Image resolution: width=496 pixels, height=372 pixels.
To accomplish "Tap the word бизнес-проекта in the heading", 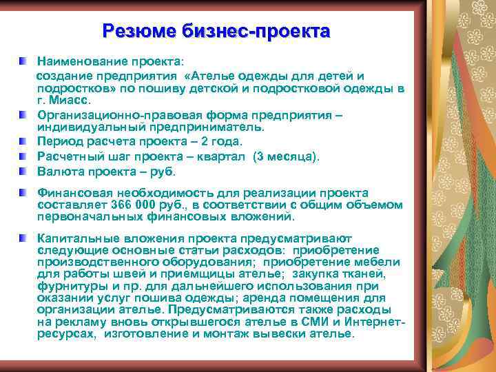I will click(256, 31).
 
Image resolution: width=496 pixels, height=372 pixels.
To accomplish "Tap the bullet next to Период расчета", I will click(24, 141).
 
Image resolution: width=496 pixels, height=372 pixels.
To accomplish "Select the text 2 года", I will click(223, 141).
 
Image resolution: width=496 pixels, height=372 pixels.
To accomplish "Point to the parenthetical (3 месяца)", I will click(286, 156).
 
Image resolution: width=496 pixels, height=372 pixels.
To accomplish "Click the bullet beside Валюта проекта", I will click(24, 171).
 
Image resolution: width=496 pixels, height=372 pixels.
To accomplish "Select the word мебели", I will click(380, 261).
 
